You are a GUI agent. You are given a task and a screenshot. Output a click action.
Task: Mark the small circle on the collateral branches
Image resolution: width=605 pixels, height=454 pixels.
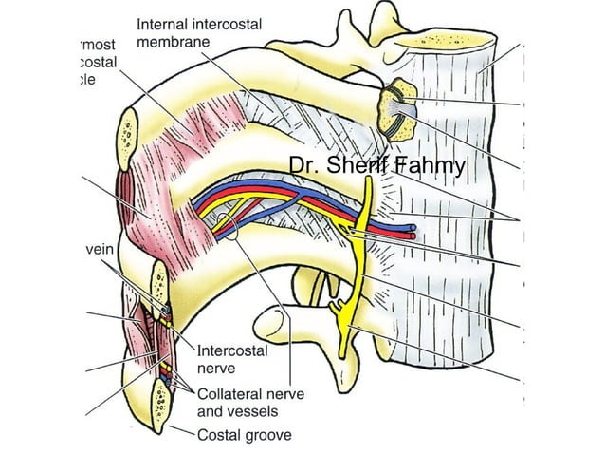pyautogui.click(x=223, y=225)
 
